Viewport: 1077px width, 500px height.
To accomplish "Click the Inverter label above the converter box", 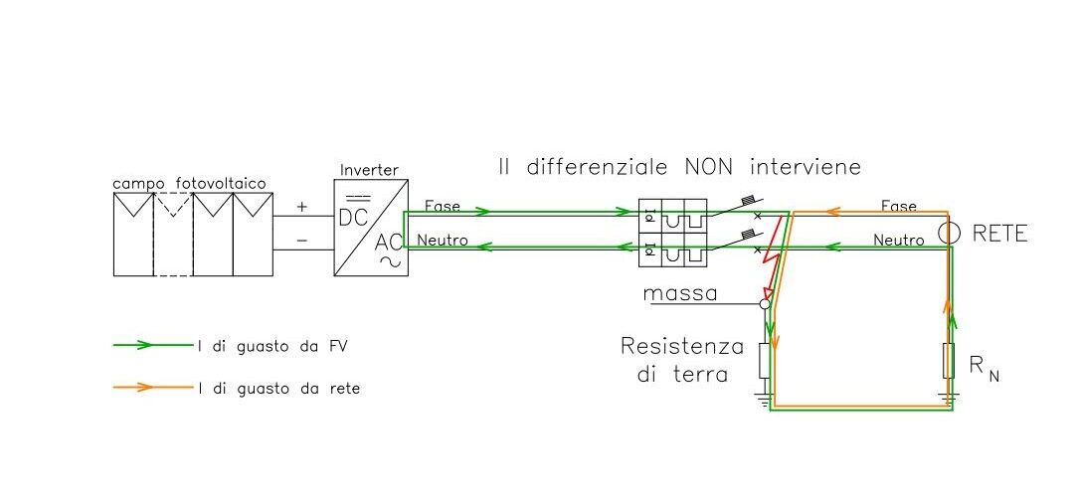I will point(370,171).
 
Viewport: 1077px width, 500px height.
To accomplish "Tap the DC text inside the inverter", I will point(353,217).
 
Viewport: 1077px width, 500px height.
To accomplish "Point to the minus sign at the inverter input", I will point(302,241).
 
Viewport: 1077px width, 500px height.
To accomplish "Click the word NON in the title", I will point(707,166).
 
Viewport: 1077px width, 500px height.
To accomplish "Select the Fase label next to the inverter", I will point(442,206).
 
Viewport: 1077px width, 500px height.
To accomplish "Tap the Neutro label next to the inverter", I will point(443,240).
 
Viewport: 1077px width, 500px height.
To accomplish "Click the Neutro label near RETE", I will point(899,240).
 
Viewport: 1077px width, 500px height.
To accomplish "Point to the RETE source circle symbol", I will point(948,234).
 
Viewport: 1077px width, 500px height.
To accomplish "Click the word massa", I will point(679,294).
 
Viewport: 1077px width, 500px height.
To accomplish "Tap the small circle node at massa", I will point(765,303).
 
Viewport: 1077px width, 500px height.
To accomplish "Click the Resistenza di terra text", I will point(681,360).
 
